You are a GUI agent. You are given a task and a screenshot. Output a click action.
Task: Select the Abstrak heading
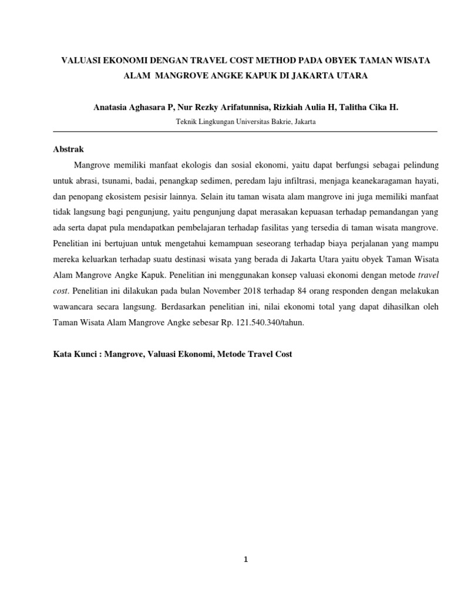pos(69,149)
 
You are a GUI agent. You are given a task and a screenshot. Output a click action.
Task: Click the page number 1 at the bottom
pos(247,560)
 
